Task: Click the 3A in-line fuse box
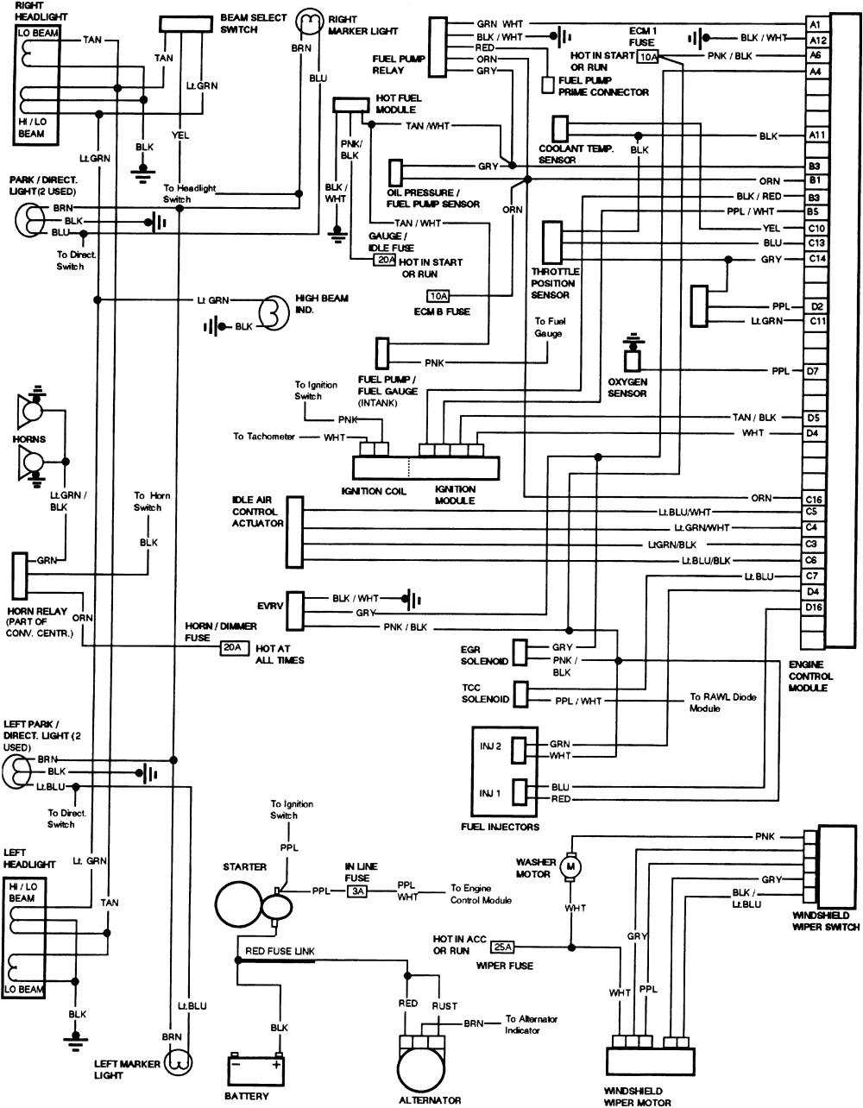click(357, 892)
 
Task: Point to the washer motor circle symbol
click(570, 866)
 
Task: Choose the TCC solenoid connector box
click(521, 694)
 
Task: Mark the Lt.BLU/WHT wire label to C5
click(683, 512)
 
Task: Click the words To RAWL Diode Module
click(721, 702)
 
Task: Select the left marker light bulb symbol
click(180, 1063)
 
